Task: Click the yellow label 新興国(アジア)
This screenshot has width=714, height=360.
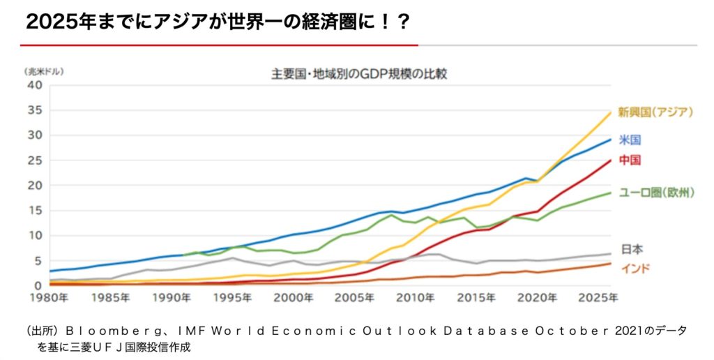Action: [x=655, y=112]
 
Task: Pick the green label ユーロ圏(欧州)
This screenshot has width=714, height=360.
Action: [x=656, y=193]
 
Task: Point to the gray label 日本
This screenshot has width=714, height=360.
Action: [x=632, y=249]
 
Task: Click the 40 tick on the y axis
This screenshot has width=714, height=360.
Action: [x=36, y=85]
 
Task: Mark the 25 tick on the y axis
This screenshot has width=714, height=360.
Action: [x=36, y=160]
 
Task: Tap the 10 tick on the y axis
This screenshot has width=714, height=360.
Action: [x=36, y=236]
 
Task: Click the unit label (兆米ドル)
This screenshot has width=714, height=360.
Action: [x=44, y=72]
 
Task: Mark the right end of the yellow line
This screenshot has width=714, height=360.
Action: [x=611, y=112]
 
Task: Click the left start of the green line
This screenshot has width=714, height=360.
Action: [x=183, y=255]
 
